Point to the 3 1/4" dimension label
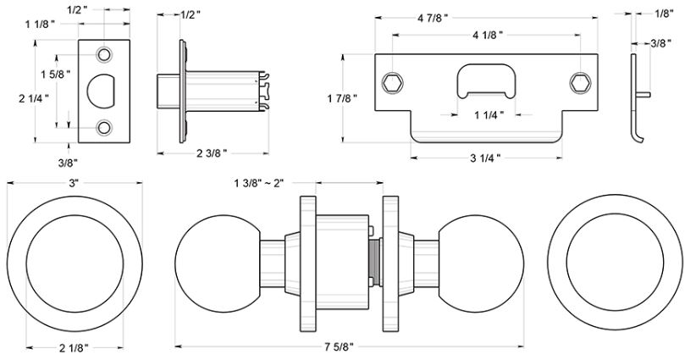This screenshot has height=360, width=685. coord(483,158)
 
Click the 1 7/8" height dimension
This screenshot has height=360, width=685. coord(342,98)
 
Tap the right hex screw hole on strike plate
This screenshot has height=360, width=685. coord(580,81)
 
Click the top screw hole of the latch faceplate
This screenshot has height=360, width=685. coord(104,54)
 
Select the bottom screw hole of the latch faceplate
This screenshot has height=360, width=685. coord(104,128)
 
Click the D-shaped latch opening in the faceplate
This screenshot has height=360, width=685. coord(102,91)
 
